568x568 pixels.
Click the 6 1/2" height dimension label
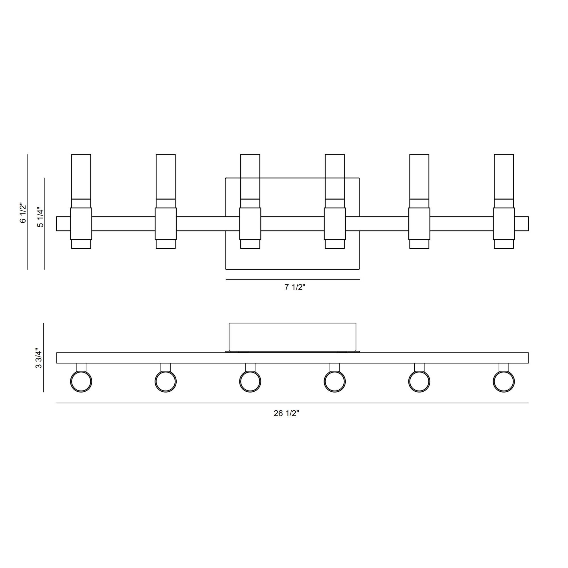(x=23, y=212)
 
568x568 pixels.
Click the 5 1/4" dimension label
(x=40, y=218)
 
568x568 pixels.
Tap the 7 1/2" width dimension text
(x=295, y=287)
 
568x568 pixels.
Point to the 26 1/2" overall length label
(x=286, y=413)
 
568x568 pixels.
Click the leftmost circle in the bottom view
(x=81, y=382)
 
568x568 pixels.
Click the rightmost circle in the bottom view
(x=504, y=382)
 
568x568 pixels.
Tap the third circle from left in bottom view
(x=250, y=382)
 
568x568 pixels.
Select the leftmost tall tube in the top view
(x=81, y=176)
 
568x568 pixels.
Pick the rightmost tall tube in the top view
(x=504, y=176)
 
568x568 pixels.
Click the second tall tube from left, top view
(x=166, y=176)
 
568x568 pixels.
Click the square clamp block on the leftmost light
(x=81, y=224)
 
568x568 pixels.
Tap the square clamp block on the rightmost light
(x=504, y=224)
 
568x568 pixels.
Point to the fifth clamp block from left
(x=419, y=224)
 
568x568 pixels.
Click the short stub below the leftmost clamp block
(x=81, y=244)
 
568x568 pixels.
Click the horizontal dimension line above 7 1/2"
(x=293, y=279)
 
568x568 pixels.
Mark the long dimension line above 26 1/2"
(x=292, y=403)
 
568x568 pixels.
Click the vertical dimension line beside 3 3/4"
(x=43, y=358)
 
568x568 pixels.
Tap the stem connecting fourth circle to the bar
(x=335, y=367)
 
